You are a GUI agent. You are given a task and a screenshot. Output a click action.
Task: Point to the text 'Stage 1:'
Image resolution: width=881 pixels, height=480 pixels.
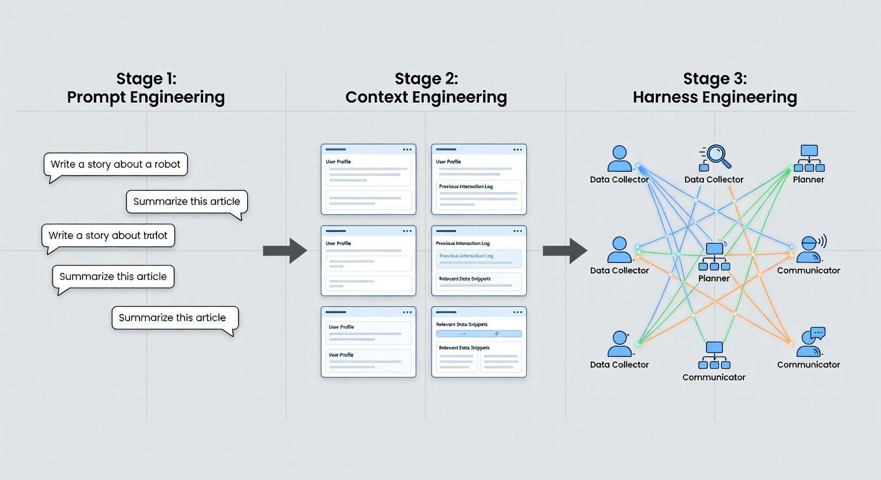pyautogui.click(x=146, y=79)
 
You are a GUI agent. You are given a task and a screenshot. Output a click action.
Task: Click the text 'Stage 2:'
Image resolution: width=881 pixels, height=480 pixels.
pyautogui.click(x=426, y=79)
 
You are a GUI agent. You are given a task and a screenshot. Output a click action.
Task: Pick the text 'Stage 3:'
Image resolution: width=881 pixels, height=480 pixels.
pyautogui.click(x=715, y=79)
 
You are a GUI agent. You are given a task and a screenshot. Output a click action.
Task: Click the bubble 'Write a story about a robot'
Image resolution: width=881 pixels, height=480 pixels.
pyautogui.click(x=116, y=165)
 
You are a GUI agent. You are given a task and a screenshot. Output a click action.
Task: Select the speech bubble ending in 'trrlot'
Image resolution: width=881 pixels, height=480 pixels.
pyautogui.click(x=108, y=236)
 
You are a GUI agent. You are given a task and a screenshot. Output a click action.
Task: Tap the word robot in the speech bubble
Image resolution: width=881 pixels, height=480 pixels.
pyautogui.click(x=167, y=164)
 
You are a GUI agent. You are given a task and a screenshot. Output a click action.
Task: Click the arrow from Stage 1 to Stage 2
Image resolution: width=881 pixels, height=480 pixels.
pyautogui.click(x=285, y=251)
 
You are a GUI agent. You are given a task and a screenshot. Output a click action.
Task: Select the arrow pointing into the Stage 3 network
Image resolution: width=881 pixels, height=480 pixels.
pyautogui.click(x=564, y=251)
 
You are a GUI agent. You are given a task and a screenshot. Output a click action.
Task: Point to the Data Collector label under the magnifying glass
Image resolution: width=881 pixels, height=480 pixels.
pyautogui.click(x=714, y=180)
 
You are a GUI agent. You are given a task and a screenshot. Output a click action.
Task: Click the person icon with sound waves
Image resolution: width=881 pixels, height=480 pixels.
pyautogui.click(x=811, y=249)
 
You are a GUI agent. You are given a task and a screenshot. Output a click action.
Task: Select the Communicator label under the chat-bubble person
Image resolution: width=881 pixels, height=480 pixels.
pyautogui.click(x=808, y=365)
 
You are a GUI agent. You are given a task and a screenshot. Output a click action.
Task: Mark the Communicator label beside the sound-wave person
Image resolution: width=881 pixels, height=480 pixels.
pyautogui.click(x=808, y=271)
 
